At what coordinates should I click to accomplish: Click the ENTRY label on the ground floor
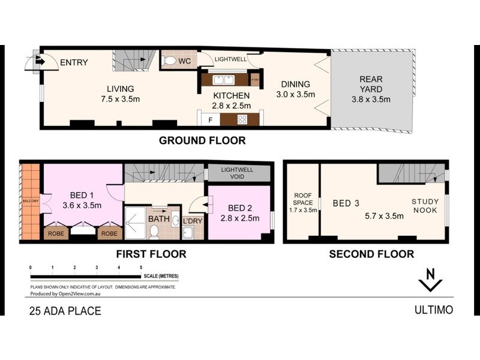tap(74, 62)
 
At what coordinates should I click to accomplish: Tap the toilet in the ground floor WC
tap(170, 61)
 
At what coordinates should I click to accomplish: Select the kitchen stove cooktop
tap(242, 119)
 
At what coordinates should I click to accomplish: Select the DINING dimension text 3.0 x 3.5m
tap(295, 95)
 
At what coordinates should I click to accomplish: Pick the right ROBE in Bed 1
tap(109, 234)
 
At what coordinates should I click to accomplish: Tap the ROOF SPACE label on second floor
tap(302, 203)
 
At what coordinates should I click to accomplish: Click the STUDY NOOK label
tap(425, 206)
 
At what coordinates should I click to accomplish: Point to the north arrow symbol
tap(430, 280)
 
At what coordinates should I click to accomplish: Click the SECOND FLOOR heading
tap(371, 254)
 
